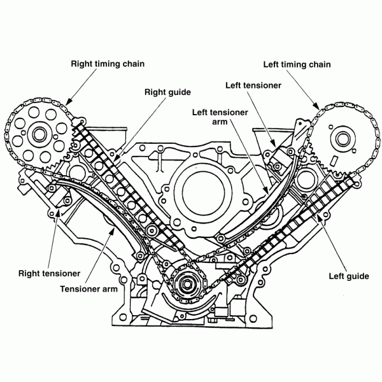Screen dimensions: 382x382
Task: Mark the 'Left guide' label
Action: (x=348, y=276)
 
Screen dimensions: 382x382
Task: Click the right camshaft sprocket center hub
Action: (x=38, y=134)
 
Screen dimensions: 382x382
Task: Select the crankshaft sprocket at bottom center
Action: (x=190, y=284)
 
